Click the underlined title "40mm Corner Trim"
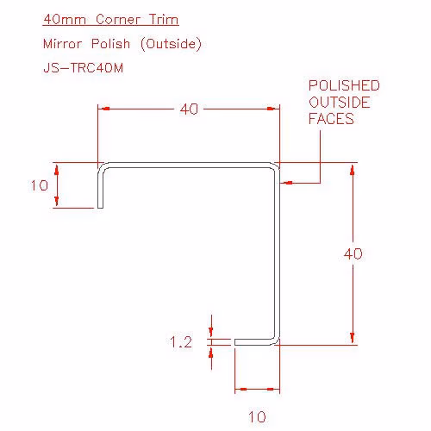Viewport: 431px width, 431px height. (111, 20)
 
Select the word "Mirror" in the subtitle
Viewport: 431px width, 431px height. (63, 44)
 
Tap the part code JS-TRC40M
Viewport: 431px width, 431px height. (84, 68)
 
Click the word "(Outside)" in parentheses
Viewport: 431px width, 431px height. (171, 44)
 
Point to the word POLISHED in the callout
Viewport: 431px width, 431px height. (344, 85)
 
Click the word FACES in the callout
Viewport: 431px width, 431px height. (331, 119)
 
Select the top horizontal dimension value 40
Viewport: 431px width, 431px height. (189, 109)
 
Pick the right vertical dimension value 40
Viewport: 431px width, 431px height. (353, 254)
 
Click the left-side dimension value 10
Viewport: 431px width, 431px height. (40, 185)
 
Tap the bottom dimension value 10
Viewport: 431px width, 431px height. (257, 417)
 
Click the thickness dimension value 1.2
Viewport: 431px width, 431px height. (181, 342)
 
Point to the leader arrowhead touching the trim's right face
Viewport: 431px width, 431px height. (286, 183)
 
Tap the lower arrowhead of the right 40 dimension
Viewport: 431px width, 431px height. (353, 339)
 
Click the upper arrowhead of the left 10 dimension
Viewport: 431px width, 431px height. (57, 169)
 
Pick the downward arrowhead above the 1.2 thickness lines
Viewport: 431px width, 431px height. (211, 333)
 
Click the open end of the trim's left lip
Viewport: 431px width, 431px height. (100, 208)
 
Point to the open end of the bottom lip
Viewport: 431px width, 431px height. (235, 342)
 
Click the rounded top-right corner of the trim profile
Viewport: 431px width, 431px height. (276, 166)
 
